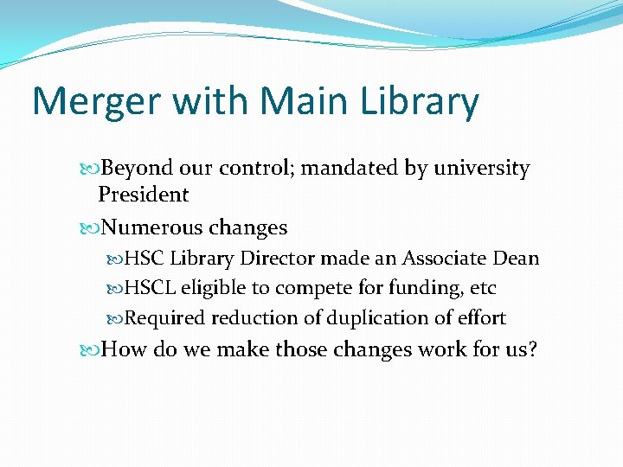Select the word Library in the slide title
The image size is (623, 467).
(x=419, y=102)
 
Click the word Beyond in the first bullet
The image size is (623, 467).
(x=138, y=168)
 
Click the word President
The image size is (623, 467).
(x=143, y=195)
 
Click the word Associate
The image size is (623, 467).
(x=443, y=259)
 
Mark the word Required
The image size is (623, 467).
(x=165, y=318)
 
